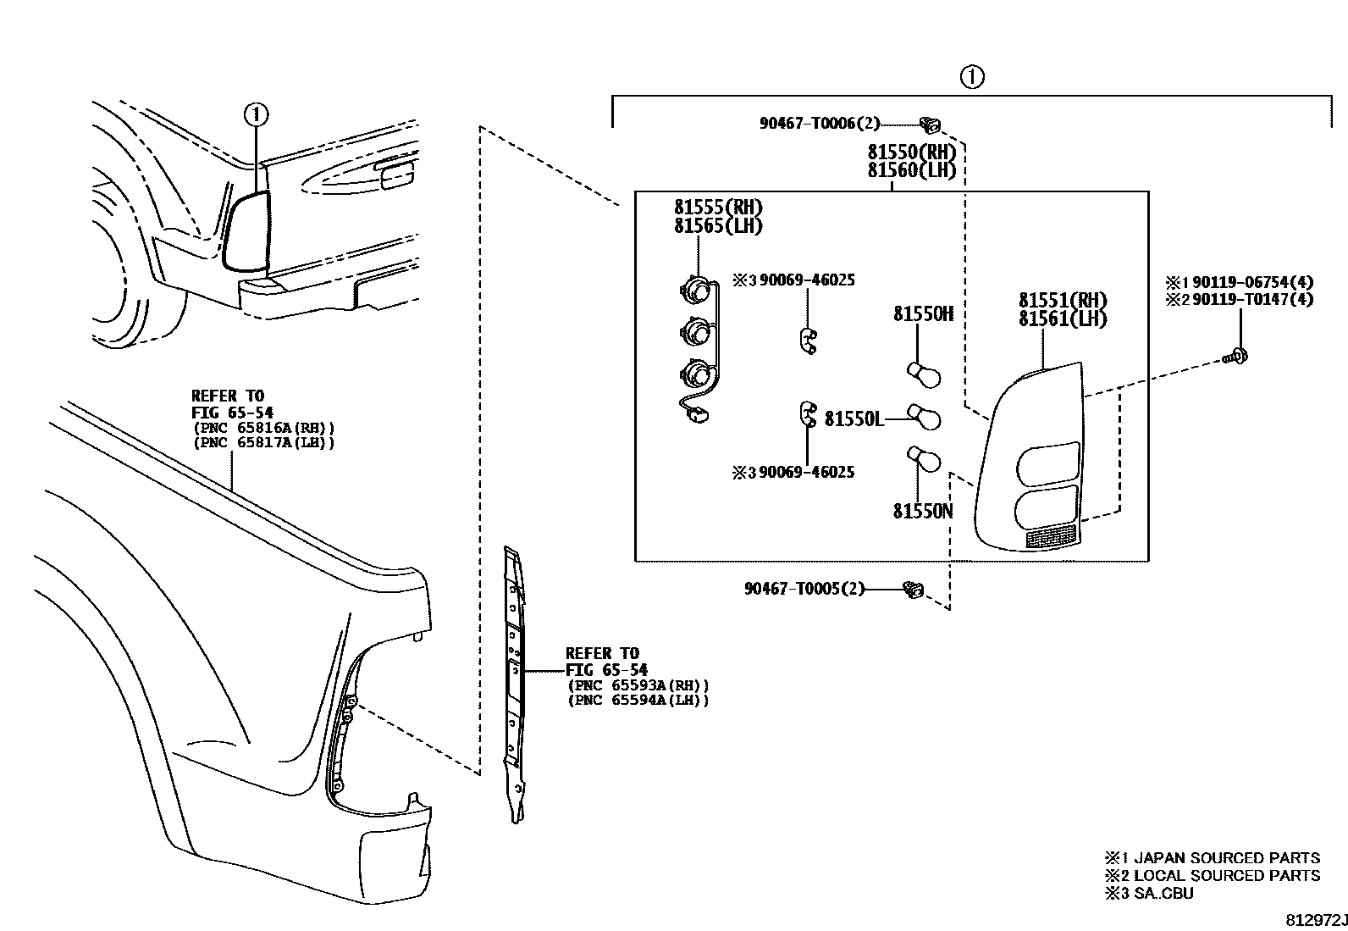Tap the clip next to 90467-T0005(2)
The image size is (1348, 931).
913,589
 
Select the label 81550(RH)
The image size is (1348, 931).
911,152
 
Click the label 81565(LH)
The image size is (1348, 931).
718,226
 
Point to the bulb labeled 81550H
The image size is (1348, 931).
923,374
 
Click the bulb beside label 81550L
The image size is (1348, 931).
924,415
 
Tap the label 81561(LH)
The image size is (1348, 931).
1063,319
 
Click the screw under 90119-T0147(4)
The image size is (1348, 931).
1238,356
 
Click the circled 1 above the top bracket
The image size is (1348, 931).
972,77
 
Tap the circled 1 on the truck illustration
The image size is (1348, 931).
257,113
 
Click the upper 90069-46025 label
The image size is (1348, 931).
806,280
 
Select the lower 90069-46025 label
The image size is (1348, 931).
806,473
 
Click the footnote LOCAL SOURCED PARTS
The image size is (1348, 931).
1226,875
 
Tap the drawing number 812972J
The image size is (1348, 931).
1316,919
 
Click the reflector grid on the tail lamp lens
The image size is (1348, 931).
1050,536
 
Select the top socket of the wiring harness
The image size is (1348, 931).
694,290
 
